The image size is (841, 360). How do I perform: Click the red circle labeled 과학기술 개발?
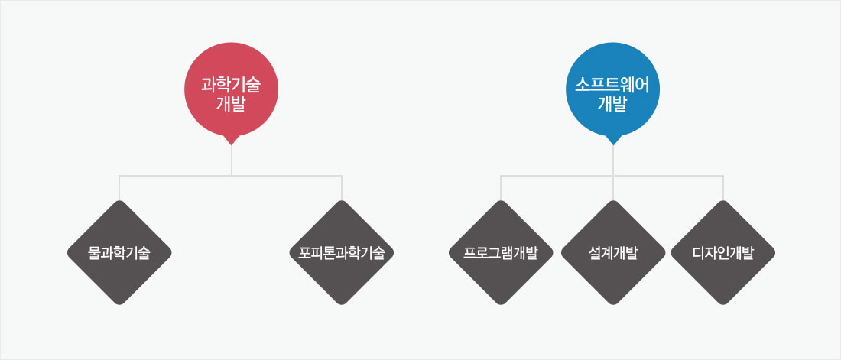(x=231, y=89)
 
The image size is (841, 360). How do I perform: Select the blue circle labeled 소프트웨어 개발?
(x=613, y=89)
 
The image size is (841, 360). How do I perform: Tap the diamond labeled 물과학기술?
(x=119, y=253)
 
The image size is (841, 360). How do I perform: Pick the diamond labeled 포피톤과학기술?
(x=342, y=253)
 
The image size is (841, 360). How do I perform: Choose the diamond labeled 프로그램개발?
(x=501, y=253)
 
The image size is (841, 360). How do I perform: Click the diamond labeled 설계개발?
(x=613, y=253)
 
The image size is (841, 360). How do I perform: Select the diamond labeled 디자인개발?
(x=723, y=253)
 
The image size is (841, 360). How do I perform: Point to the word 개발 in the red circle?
(x=231, y=103)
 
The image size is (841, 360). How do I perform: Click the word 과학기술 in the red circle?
(x=231, y=85)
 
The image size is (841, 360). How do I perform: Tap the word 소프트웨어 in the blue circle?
(x=613, y=85)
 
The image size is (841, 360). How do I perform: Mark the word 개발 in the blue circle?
(x=613, y=103)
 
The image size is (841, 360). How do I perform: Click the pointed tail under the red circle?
(x=231, y=141)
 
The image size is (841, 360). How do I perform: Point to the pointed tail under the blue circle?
(x=613, y=141)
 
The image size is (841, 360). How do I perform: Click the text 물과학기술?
(x=119, y=253)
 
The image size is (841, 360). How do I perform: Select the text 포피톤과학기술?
(x=342, y=253)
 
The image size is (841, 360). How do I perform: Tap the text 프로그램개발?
(x=501, y=253)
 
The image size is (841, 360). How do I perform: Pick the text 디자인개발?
(x=723, y=253)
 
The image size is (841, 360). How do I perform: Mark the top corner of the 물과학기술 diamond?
(x=119, y=201)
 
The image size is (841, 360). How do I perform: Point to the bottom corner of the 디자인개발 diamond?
(x=723, y=304)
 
